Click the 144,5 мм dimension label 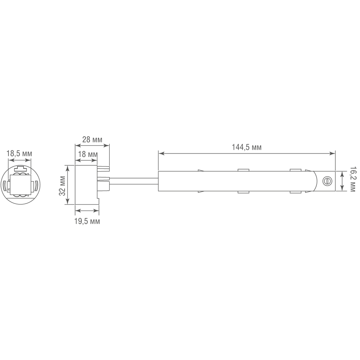pos(247,147)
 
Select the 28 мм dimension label pos(92,139)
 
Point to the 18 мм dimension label pos(88,154)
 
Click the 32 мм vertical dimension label pos(62,188)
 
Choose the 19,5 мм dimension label pos(87,221)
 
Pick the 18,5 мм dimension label pos(19,154)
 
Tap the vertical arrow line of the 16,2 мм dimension pos(342,181)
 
